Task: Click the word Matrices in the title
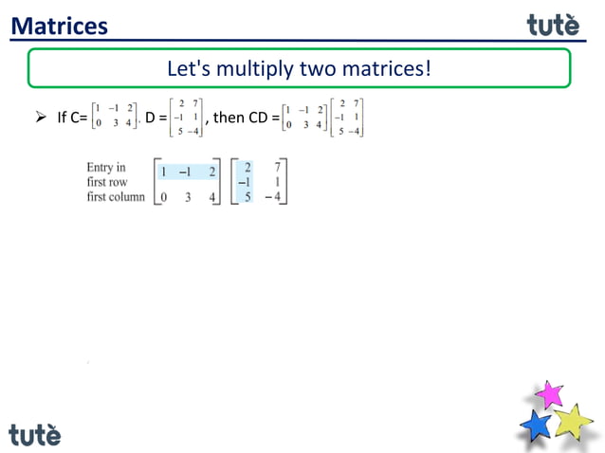click(59, 26)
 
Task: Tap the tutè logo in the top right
click(553, 25)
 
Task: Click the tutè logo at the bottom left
click(35, 434)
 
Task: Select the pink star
click(548, 393)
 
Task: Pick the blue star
click(537, 424)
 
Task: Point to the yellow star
click(573, 420)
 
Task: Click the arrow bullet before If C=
click(41, 118)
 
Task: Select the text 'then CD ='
click(246, 118)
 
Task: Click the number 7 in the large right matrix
click(278, 167)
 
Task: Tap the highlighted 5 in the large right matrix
click(247, 197)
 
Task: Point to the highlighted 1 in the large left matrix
click(164, 172)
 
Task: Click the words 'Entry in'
click(106, 168)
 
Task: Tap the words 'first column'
click(116, 196)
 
